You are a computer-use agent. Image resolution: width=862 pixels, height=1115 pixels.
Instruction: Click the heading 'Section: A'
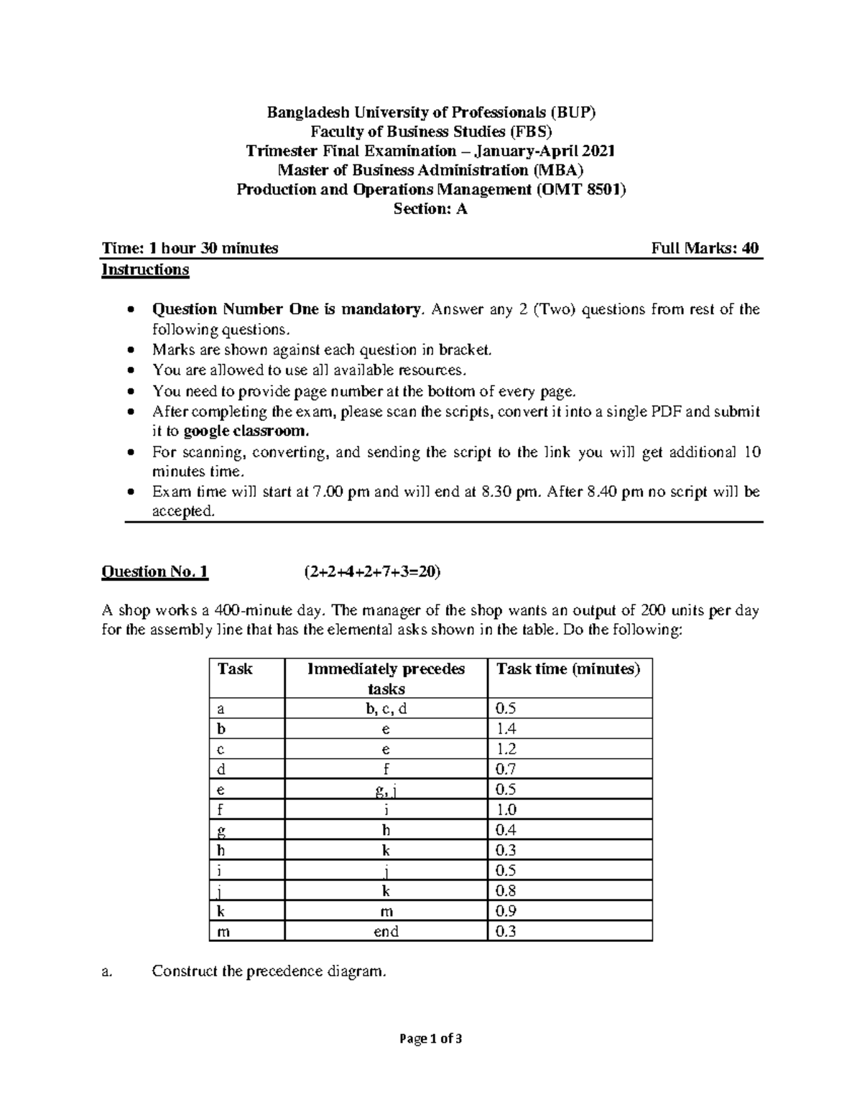(x=430, y=210)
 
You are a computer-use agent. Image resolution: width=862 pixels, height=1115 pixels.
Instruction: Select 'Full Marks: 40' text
(x=705, y=248)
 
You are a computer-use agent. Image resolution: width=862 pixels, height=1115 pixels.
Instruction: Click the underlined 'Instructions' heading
(x=145, y=269)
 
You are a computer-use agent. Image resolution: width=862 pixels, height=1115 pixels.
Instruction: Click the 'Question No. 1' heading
(x=155, y=572)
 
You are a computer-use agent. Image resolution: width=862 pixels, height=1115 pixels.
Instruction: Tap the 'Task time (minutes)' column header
(x=567, y=669)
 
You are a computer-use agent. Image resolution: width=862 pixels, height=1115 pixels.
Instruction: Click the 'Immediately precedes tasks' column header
(x=386, y=678)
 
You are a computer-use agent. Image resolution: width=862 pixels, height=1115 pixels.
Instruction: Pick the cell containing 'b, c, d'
(x=386, y=709)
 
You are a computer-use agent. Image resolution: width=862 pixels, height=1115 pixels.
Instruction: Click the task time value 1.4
(x=506, y=729)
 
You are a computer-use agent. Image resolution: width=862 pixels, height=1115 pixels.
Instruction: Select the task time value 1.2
(x=506, y=749)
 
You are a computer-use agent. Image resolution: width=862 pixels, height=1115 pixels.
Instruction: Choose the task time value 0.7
(x=506, y=769)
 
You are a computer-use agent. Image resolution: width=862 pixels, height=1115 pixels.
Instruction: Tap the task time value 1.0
(x=506, y=810)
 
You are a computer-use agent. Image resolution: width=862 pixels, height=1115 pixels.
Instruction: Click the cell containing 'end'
(x=386, y=931)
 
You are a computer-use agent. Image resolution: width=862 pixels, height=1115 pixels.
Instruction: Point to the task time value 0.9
(x=506, y=911)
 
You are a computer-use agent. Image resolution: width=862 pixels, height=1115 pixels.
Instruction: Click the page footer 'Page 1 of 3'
(x=431, y=1038)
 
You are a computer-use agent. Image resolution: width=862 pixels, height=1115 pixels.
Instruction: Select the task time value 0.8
(x=506, y=891)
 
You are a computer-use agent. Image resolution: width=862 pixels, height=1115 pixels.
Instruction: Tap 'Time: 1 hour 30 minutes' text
(x=190, y=248)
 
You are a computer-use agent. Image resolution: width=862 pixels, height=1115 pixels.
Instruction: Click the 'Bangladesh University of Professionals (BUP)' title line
(x=431, y=112)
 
